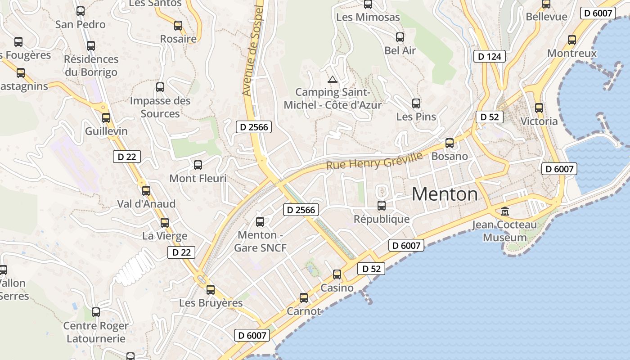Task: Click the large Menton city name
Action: [x=445, y=194]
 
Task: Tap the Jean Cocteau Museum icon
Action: [x=505, y=211]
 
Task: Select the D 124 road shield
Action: [x=490, y=56]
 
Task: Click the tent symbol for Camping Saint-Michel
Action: [x=333, y=80]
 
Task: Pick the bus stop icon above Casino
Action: [x=337, y=274]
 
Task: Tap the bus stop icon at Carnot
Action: [x=304, y=297]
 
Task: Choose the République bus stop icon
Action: [x=382, y=206]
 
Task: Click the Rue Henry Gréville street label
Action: [x=374, y=161]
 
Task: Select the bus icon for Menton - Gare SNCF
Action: [x=260, y=221]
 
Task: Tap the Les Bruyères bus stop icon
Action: [x=211, y=289]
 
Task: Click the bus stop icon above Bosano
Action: [x=450, y=143]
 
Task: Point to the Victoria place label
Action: [x=539, y=121]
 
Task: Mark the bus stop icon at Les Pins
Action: [x=416, y=103]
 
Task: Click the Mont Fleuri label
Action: [x=198, y=178]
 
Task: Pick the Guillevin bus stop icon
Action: [x=106, y=118]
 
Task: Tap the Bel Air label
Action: [x=400, y=50]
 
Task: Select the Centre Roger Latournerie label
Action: [x=96, y=332]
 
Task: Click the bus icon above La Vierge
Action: [x=165, y=222]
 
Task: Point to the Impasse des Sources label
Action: [x=160, y=107]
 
